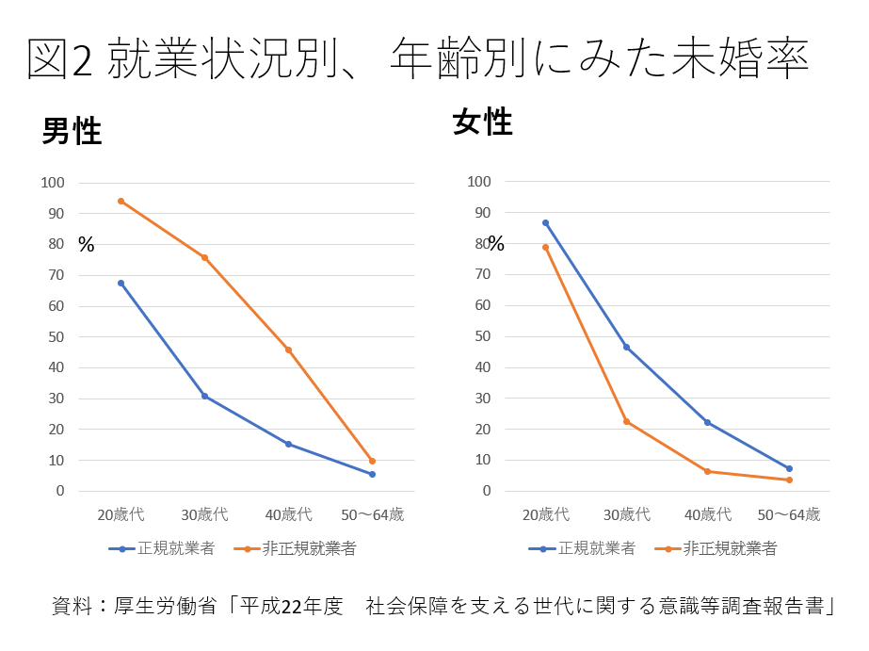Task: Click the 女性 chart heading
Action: click(482, 122)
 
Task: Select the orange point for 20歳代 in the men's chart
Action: click(121, 201)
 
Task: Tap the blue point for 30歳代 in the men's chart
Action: click(204, 396)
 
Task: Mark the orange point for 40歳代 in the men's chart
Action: click(288, 350)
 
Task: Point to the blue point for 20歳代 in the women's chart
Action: click(545, 223)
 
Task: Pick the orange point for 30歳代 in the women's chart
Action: click(626, 421)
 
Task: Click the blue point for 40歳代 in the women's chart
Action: click(707, 422)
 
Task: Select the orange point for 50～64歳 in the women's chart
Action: click(789, 480)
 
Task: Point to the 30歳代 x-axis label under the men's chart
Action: click(204, 514)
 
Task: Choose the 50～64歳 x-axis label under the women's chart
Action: click(789, 514)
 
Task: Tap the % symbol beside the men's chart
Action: click(87, 245)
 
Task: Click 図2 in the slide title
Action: click(60, 60)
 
